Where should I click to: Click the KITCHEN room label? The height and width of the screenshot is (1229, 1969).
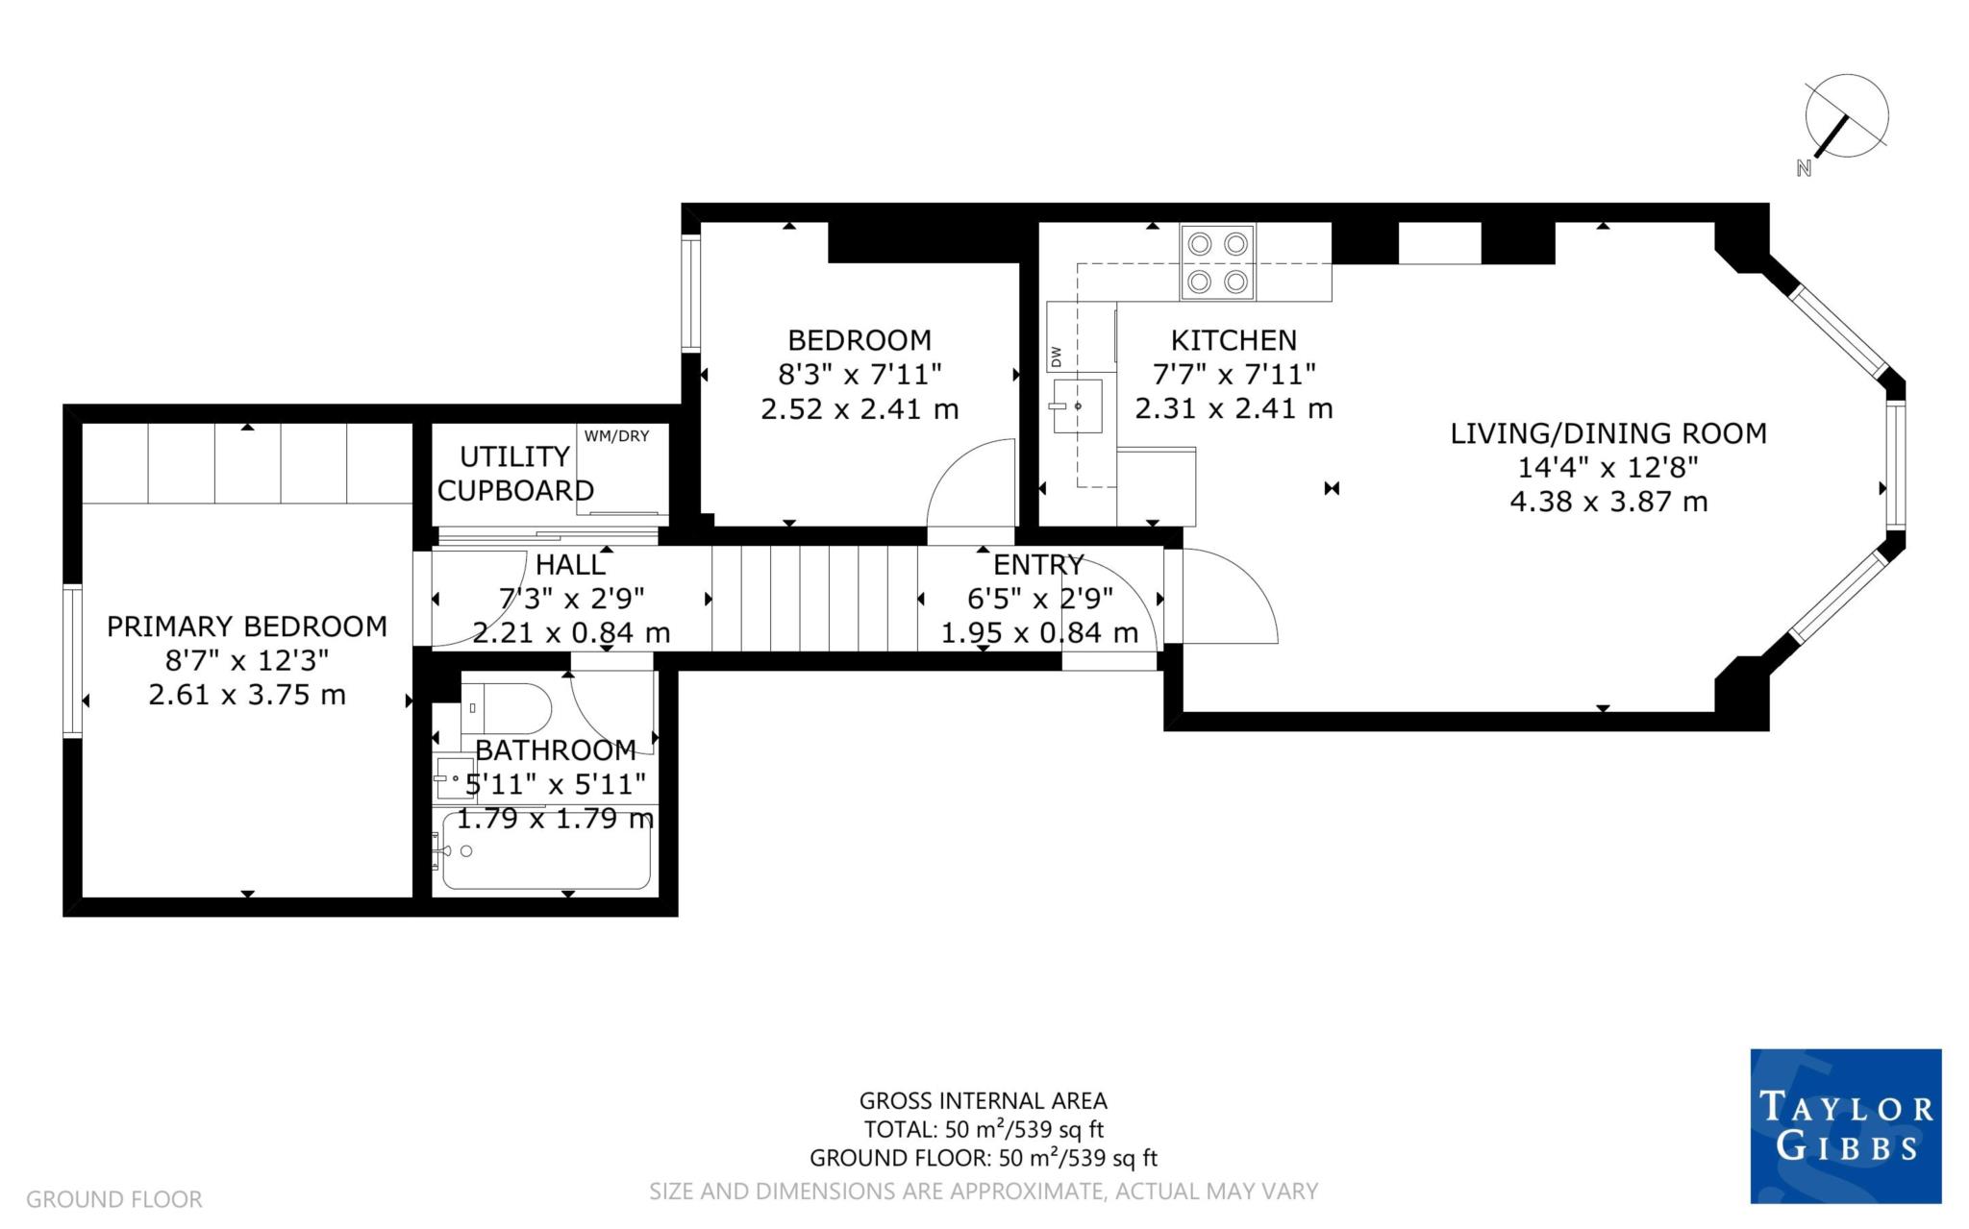[x=1234, y=340]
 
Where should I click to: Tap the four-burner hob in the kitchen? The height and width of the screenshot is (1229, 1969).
[x=1217, y=262]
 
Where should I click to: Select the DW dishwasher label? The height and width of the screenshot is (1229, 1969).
[x=1057, y=356]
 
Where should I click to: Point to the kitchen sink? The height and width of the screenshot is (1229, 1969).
[x=1078, y=406]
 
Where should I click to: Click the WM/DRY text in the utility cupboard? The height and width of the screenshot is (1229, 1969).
[x=616, y=436]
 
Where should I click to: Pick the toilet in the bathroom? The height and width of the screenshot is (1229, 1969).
[x=507, y=709]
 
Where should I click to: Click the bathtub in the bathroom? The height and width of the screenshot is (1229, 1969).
[x=546, y=850]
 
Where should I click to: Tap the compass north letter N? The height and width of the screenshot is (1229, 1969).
[x=1804, y=168]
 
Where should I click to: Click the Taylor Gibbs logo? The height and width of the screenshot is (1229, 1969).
[x=1846, y=1126]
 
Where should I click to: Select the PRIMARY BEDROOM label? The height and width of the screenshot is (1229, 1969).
[x=247, y=627]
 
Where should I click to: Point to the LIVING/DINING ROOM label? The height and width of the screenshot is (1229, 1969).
[x=1608, y=433]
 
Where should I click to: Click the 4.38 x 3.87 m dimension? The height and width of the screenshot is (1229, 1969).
[x=1608, y=502]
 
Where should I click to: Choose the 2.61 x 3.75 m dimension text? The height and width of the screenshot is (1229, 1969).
[x=247, y=695]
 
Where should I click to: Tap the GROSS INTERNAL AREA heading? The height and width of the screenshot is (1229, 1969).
[x=984, y=1101]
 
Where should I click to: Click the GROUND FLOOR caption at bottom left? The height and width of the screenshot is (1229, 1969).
[x=114, y=1199]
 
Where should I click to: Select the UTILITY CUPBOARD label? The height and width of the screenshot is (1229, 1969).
[x=515, y=474]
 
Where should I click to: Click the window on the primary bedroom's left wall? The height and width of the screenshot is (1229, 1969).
[x=72, y=659]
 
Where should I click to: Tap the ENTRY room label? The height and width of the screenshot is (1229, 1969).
[x=1038, y=565]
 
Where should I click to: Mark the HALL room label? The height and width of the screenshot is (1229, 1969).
[x=571, y=565]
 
